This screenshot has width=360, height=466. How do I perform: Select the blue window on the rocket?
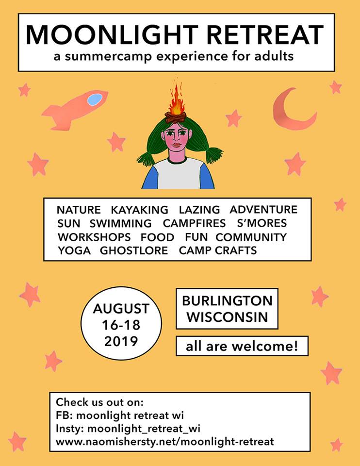[94, 100]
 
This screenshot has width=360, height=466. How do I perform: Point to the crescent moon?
[291, 112]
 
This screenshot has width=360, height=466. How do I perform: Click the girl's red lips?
[176, 144]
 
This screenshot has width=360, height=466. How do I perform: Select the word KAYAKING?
[140, 210]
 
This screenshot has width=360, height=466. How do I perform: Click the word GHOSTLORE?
[134, 251]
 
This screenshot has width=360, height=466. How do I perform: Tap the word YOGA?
[73, 251]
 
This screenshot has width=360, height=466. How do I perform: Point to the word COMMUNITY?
[251, 237]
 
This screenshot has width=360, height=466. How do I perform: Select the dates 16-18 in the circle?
[121, 324]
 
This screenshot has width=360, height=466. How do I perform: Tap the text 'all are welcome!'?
[241, 347]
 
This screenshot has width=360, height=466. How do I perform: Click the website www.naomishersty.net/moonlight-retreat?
[165, 442]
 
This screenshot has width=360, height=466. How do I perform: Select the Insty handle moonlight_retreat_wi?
[144, 429]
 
